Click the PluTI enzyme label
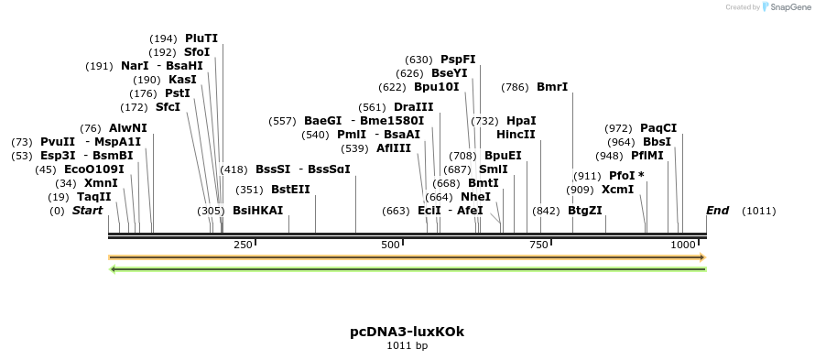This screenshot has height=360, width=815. point(201,38)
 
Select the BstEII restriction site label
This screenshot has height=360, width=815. point(290,190)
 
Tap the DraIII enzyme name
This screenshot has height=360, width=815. point(413,107)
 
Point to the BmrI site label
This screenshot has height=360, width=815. point(552,87)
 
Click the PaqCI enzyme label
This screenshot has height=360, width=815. point(658,128)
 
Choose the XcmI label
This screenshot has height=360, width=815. point(617,190)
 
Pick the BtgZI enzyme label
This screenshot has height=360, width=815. point(585,211)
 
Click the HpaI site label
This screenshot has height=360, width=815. point(521,121)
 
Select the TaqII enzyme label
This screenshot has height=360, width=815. point(93,197)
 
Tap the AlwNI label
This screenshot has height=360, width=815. point(127,128)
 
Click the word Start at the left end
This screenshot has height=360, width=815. point(87,211)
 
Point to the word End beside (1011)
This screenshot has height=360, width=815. point(718,211)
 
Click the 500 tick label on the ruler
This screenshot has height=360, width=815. point(391,245)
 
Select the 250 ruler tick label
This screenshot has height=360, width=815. point(243,245)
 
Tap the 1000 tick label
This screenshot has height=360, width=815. point(683,245)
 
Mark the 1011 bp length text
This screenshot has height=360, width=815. point(407,346)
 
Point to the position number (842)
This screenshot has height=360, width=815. point(546,211)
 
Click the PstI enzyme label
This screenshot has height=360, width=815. point(178,93)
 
